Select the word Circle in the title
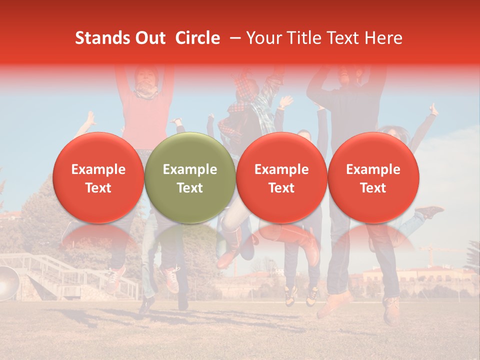pyautogui.click(x=197, y=38)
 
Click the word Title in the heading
pyautogui.click(x=302, y=38)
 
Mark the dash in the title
pyautogui.click(x=233, y=38)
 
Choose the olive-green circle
pyautogui.click(x=190, y=177)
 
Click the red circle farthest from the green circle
pyautogui.click(x=373, y=177)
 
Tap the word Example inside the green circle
pyautogui.click(x=190, y=169)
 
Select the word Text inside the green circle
pyautogui.click(x=190, y=188)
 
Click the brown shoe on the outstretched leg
pyautogui.click(x=428, y=212)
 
